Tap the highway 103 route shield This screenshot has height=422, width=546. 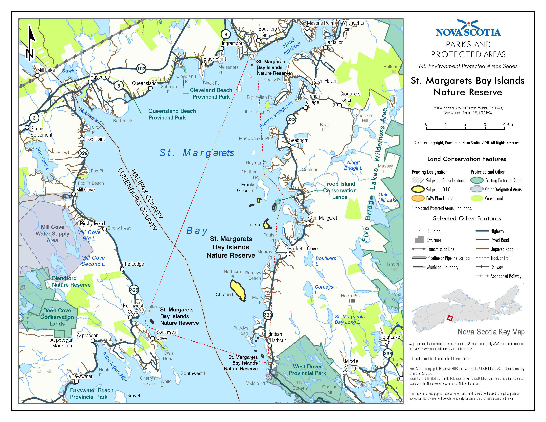141,69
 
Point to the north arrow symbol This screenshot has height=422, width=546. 30,43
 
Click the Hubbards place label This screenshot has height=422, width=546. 100,77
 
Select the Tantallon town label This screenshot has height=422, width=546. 335,42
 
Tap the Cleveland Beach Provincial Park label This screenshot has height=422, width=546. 211,93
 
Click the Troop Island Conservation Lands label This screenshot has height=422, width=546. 340,190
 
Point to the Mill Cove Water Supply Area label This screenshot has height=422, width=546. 52,234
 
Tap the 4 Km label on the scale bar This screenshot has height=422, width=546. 508,124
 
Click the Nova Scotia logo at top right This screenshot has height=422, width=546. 468,28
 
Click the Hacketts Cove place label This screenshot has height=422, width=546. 303,249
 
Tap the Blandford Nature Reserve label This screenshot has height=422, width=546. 71,281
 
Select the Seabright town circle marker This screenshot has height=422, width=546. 289,145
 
